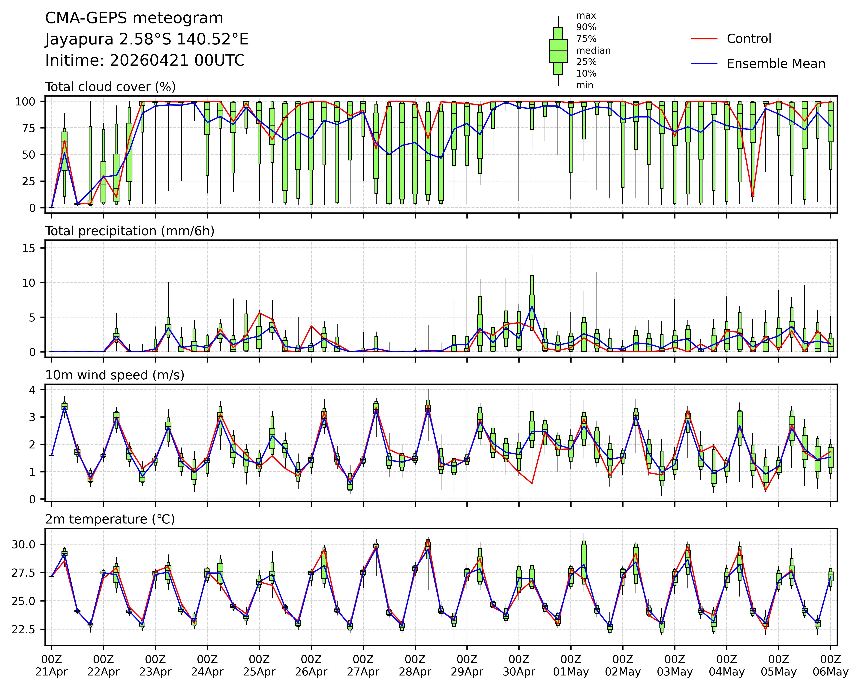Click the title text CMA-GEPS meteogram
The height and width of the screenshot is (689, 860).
pos(134,18)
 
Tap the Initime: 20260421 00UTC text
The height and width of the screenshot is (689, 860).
pos(145,61)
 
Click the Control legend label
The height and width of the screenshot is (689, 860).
pos(749,39)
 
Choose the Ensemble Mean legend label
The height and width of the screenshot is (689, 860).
pos(775,64)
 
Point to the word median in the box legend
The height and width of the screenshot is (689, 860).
pos(593,51)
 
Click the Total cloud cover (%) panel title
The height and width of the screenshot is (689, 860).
pos(110,87)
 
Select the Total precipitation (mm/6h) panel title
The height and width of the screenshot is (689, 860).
pos(130,231)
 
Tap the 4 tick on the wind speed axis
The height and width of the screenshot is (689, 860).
pos(33,390)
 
